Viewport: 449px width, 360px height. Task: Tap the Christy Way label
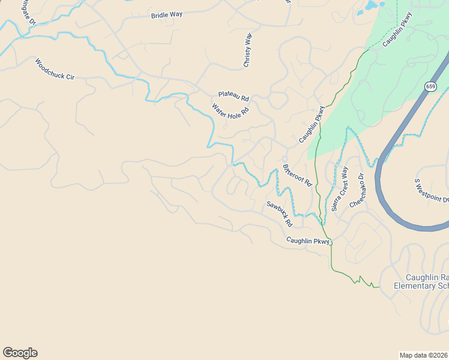click(x=247, y=50)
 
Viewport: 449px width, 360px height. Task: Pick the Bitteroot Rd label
click(x=297, y=174)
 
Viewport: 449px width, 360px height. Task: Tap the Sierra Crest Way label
click(x=340, y=189)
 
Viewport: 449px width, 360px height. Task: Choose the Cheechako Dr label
click(x=357, y=191)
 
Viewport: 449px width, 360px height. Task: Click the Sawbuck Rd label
click(x=279, y=214)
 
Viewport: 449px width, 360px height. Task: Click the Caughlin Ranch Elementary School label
click(x=421, y=281)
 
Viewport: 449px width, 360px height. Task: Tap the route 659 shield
click(x=430, y=86)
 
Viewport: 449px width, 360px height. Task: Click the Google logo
click(x=20, y=353)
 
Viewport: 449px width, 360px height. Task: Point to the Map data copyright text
click(x=423, y=355)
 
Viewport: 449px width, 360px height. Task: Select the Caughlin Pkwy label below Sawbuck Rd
click(x=308, y=241)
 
